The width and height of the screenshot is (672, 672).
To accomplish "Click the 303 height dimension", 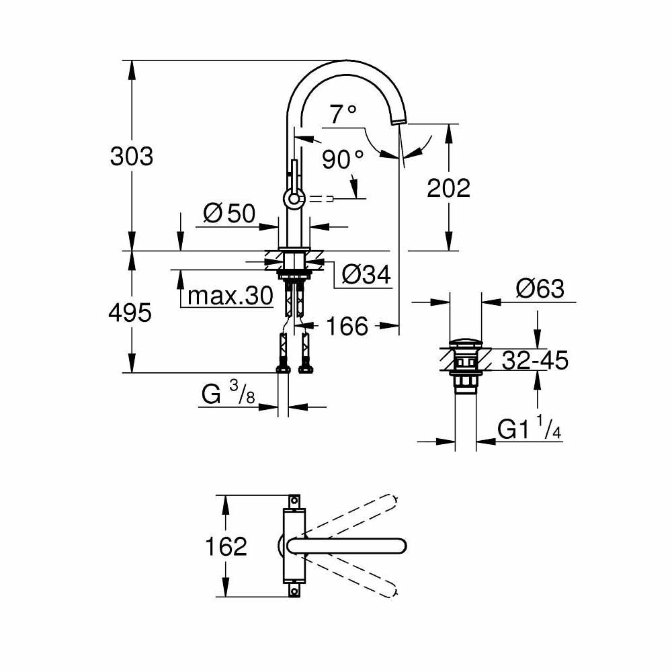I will pyautogui.click(x=132, y=156).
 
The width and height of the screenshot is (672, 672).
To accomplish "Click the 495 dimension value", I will pyautogui.click(x=132, y=312).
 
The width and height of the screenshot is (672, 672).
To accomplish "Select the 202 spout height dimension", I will pyautogui.click(x=449, y=188).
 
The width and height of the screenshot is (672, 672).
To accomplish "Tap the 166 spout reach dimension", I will pyautogui.click(x=347, y=327).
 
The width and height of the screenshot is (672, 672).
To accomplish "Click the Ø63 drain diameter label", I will pyautogui.click(x=540, y=289).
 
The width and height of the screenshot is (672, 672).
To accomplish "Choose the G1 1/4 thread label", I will pyautogui.click(x=529, y=429).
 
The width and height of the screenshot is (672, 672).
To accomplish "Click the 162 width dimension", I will pyautogui.click(x=224, y=546).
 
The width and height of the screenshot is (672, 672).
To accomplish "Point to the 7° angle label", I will pyautogui.click(x=343, y=115).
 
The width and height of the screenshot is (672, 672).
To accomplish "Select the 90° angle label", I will pyautogui.click(x=342, y=160).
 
